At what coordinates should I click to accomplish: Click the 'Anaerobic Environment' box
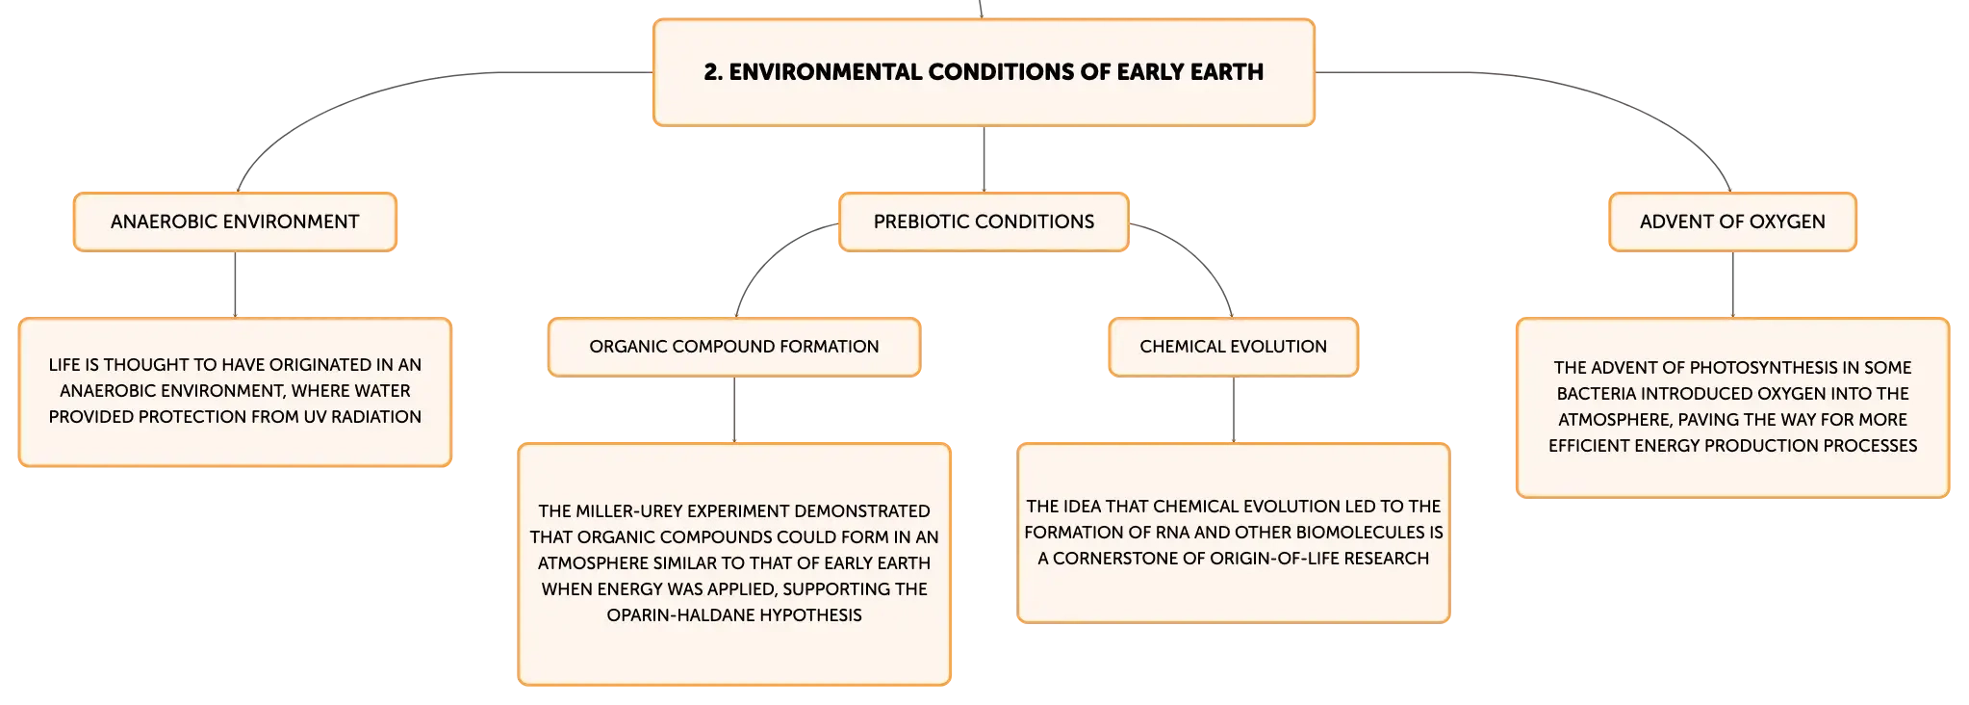pyautogui.click(x=235, y=222)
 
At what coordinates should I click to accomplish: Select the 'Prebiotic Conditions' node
pyautogui.click(x=984, y=222)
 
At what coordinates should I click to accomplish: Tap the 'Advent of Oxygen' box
pyautogui.click(x=1732, y=222)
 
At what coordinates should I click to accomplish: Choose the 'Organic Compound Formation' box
pyautogui.click(x=734, y=347)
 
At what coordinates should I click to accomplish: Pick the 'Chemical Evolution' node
pyautogui.click(x=1233, y=347)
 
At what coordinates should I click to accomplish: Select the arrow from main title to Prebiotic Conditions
pyautogui.click(x=984, y=159)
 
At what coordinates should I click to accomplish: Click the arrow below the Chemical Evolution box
pyautogui.click(x=1233, y=409)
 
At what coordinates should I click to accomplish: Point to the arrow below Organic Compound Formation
pyautogui.click(x=734, y=409)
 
